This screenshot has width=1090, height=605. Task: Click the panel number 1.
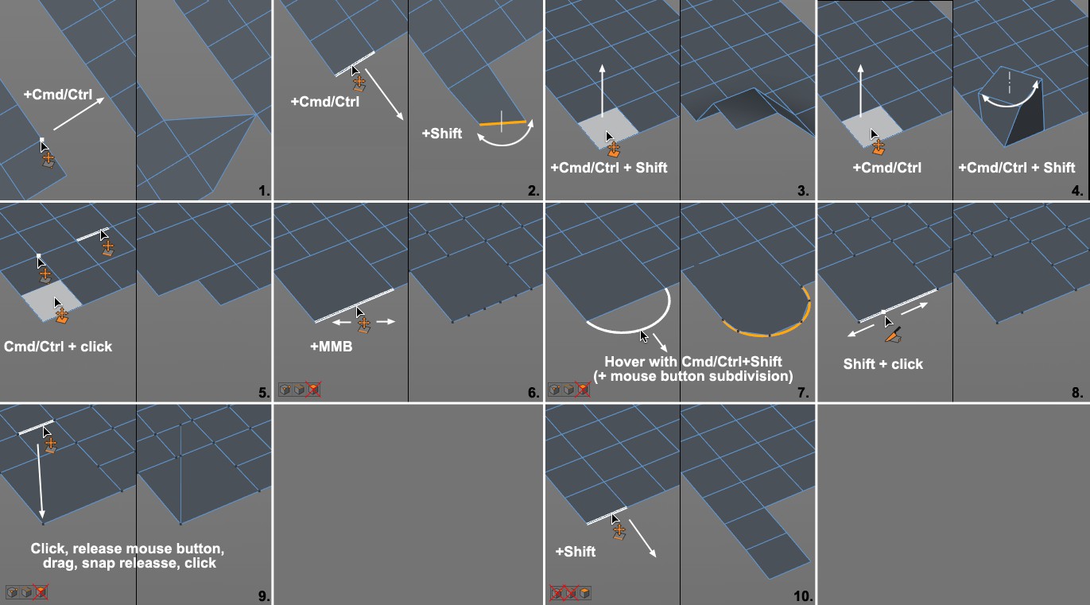tap(264, 191)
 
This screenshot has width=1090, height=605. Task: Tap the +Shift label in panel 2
tap(442, 134)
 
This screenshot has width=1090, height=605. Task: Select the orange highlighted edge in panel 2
tap(502, 122)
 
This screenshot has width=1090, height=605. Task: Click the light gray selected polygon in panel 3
tap(608, 127)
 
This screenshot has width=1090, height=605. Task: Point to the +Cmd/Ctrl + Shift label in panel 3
tap(609, 168)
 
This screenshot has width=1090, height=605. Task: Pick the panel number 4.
tap(1076, 191)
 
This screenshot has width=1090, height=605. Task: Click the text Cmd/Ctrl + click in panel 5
tap(58, 347)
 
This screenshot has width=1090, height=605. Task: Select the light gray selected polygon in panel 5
tap(52, 301)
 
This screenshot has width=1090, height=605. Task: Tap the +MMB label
tap(332, 347)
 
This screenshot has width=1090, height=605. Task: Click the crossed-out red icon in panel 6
tap(314, 390)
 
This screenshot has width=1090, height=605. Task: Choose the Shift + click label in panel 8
tap(882, 364)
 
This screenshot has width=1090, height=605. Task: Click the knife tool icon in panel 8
tap(894, 335)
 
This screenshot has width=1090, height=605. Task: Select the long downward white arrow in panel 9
tap(40, 481)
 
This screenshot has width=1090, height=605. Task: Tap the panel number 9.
tap(264, 596)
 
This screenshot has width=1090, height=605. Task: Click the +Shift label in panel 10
tap(575, 552)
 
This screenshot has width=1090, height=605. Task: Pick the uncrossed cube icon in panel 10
tap(584, 593)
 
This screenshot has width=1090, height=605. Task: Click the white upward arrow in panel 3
tap(603, 91)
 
